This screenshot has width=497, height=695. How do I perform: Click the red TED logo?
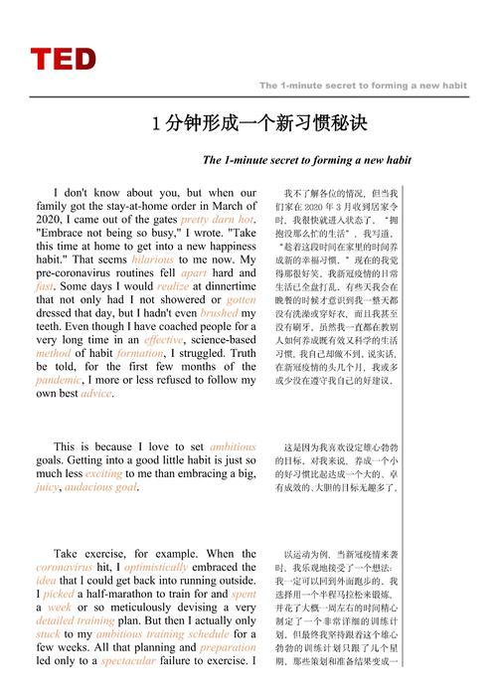(64, 60)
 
